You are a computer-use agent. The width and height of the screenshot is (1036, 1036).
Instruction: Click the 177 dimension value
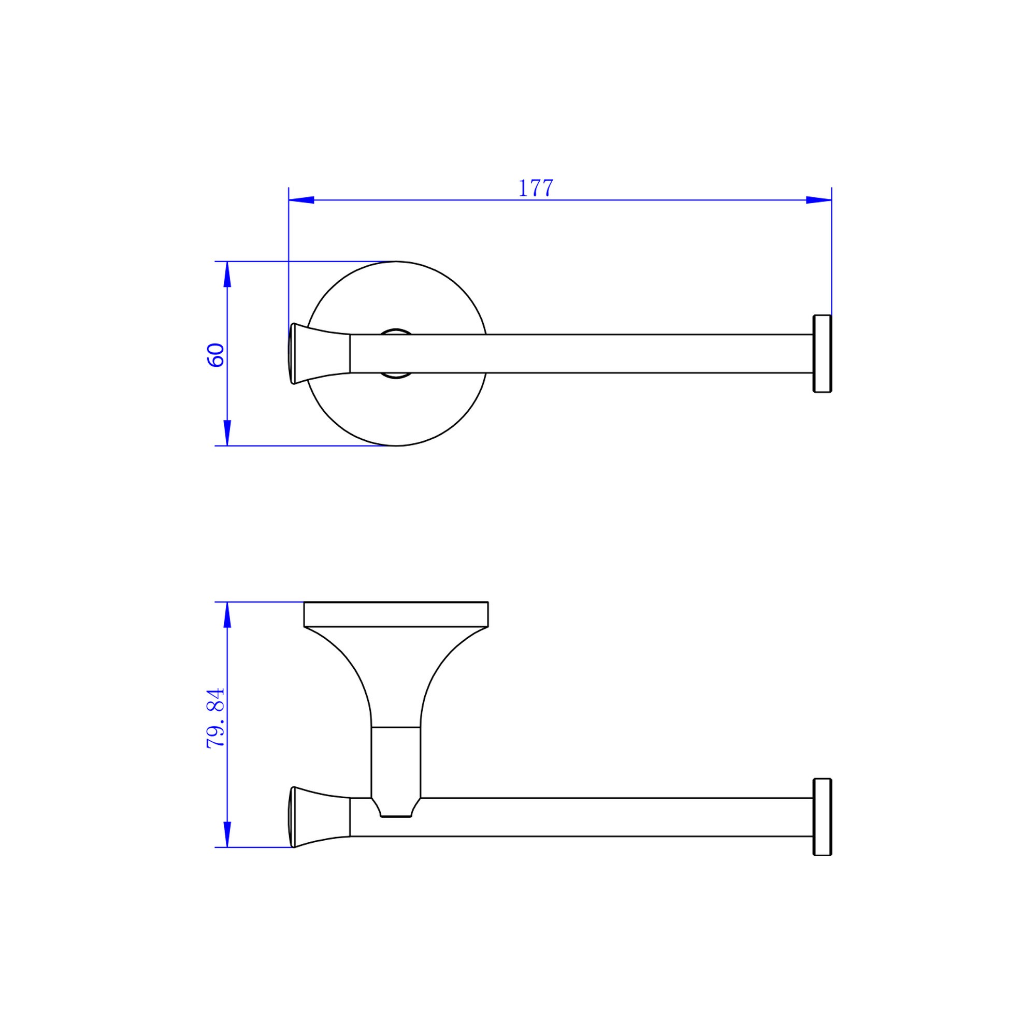pos(536,188)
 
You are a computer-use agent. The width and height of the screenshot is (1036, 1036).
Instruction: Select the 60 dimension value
pos(215,355)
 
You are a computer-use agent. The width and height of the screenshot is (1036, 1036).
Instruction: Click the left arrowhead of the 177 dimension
pos(301,200)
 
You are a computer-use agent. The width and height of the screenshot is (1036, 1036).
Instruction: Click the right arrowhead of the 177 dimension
pos(819,200)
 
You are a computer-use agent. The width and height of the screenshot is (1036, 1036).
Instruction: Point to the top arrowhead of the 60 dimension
pos(227,275)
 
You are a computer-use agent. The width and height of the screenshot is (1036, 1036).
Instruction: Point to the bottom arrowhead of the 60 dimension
pos(227,433)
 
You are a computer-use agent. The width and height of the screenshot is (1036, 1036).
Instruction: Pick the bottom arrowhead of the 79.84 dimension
pos(227,834)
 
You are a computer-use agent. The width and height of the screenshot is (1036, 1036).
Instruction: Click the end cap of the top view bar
pos(823,354)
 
